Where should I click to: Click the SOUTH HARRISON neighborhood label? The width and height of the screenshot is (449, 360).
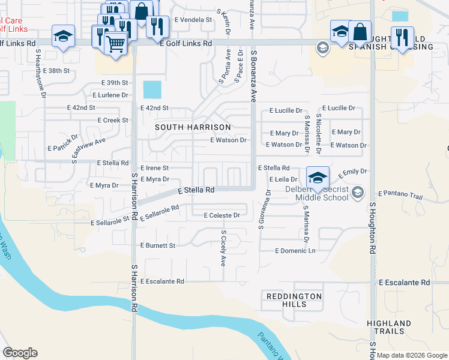193,128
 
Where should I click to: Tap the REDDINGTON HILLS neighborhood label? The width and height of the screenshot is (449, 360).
294,300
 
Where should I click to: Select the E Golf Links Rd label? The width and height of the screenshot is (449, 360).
186,44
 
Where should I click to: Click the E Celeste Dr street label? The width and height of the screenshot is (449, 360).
221,215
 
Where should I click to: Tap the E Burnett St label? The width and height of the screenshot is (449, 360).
157,245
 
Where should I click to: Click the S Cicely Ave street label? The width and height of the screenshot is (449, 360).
223,248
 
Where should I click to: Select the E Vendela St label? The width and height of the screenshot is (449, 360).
193,20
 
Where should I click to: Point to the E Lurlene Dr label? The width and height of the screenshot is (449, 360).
110,95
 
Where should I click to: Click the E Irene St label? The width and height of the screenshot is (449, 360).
154,169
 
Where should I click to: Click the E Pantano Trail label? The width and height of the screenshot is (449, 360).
401,194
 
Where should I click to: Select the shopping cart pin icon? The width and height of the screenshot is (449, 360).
116,43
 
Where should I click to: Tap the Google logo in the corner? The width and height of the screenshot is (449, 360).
20,353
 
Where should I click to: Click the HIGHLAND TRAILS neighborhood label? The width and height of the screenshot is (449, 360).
389,328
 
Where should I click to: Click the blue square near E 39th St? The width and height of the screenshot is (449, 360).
152,90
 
